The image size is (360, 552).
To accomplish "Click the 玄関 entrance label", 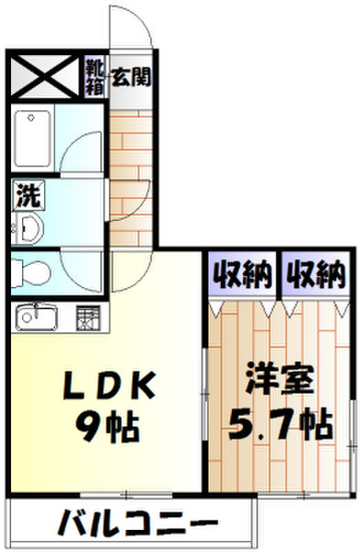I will (x=133, y=76).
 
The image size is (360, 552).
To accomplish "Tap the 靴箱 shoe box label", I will (x=95, y=71).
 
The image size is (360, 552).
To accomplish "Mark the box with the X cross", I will (x=44, y=76).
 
